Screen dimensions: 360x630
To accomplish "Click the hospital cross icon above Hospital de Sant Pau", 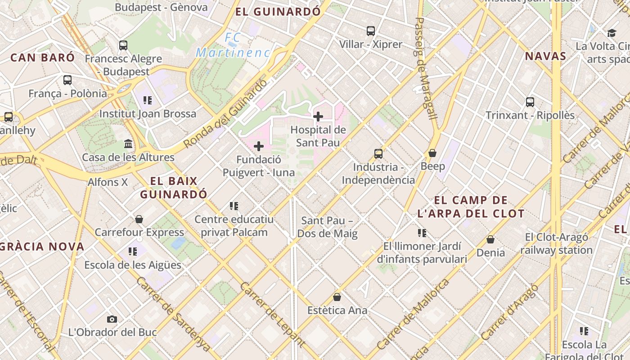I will [x=318, y=117].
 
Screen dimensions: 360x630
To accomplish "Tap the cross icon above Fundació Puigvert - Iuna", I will [x=259, y=146].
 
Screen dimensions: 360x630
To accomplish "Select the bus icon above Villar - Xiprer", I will [x=371, y=31].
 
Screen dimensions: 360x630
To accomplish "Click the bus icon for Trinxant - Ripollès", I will [x=530, y=102].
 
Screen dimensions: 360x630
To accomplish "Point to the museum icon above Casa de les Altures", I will [x=128, y=144].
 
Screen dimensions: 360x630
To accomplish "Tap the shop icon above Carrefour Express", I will [x=139, y=219].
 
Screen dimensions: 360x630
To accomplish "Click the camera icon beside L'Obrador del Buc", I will [x=112, y=319].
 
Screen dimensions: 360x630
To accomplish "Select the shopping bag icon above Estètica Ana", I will [x=337, y=297].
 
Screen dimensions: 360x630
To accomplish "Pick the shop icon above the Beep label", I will [x=432, y=153].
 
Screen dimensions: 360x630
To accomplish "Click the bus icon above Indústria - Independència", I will [x=378, y=154].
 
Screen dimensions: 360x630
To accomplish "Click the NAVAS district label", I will [x=545, y=56].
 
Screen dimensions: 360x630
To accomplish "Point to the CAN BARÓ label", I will [x=42, y=58].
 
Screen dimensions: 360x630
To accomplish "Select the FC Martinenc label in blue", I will [x=233, y=45].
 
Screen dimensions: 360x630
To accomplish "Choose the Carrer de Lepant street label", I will [x=273, y=315].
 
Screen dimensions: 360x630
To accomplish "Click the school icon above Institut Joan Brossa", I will [x=148, y=100].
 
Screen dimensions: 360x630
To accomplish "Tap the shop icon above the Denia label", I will [x=490, y=239].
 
